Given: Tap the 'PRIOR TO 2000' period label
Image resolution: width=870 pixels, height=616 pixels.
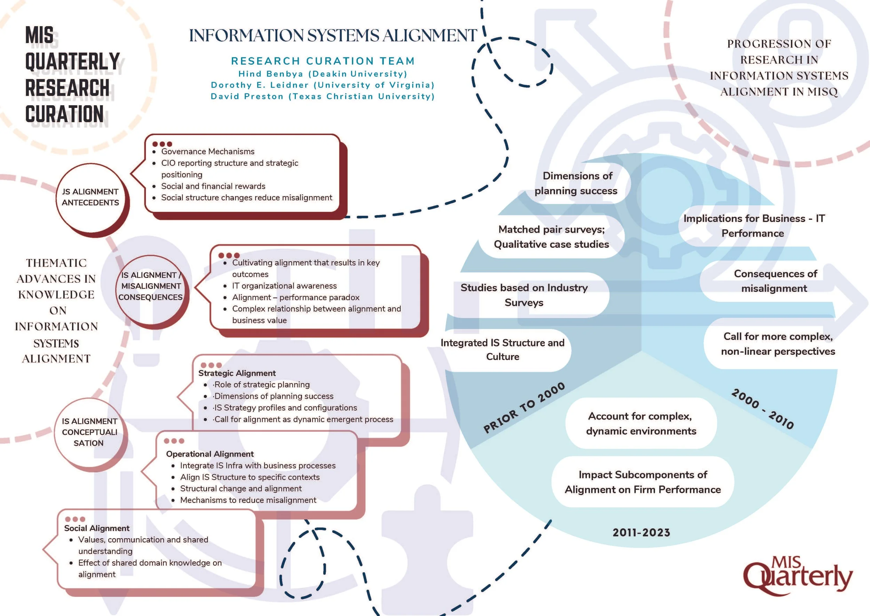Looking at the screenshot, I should (x=524, y=408).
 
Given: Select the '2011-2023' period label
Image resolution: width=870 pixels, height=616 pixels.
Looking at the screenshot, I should (x=641, y=532).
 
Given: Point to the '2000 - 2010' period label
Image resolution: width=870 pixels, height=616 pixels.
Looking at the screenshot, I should (x=762, y=409).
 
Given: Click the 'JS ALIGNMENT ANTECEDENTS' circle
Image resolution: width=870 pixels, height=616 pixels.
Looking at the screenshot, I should (x=90, y=197).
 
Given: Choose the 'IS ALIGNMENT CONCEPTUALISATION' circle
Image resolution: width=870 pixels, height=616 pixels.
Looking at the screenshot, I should (x=89, y=432).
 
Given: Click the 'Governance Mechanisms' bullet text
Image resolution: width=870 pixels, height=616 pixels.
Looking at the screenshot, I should (x=208, y=151).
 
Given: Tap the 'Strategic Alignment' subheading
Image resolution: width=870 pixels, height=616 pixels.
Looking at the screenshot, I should (x=237, y=373).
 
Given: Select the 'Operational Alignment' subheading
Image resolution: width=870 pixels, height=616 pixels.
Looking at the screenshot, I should (x=209, y=454).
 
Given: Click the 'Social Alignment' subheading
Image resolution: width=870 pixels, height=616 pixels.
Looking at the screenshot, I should (x=97, y=528).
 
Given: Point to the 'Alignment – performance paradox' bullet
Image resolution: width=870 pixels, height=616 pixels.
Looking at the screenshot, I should (x=296, y=297).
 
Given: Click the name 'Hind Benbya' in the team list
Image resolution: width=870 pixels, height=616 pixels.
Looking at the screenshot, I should (x=271, y=73).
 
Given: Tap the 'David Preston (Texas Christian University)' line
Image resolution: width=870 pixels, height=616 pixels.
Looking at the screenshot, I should (x=323, y=96).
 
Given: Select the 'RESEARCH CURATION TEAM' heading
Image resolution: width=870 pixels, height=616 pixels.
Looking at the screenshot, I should (x=323, y=61).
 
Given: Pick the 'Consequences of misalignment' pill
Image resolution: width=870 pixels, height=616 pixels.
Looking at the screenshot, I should (x=775, y=281).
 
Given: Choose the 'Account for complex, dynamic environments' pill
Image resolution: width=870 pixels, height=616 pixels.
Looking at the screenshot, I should (x=641, y=423).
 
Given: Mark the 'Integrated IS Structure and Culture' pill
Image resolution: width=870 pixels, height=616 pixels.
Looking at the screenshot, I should (x=502, y=350).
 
